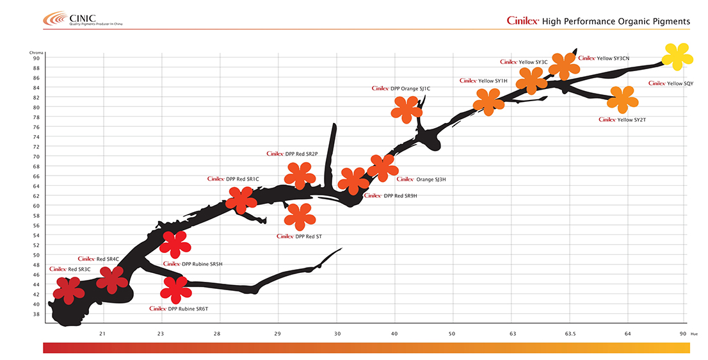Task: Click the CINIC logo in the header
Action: coord(83,19)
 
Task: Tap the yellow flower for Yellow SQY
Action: coord(677,56)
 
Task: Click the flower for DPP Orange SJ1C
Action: coord(406,110)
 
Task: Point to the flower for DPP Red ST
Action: coord(299,217)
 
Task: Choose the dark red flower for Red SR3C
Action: coord(68,290)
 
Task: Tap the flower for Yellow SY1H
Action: coord(489,101)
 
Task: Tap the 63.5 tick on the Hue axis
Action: coord(570,334)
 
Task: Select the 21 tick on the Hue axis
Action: coord(102,334)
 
